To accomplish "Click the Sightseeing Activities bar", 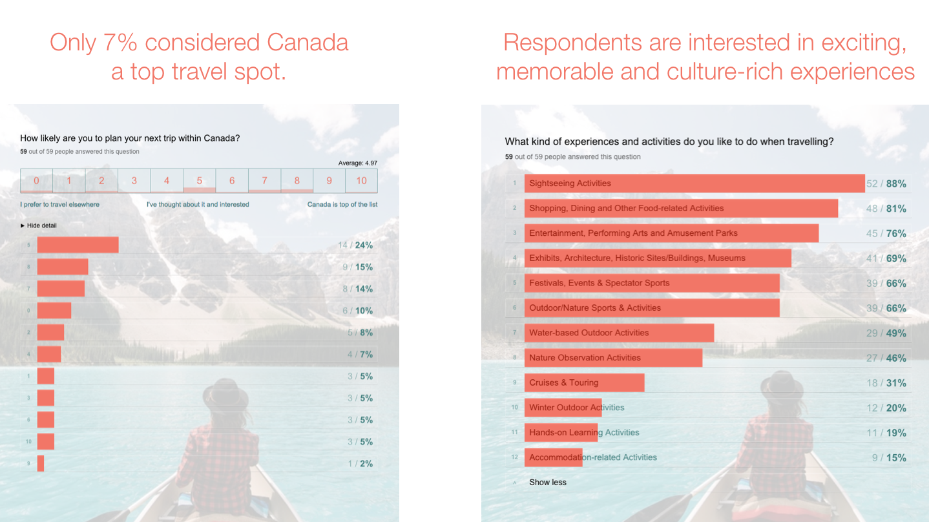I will (694, 183).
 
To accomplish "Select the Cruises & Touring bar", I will (584, 382).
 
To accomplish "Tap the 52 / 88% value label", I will (886, 184).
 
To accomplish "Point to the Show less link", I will (548, 482).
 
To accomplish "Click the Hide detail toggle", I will (39, 225).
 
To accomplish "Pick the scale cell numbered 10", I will (361, 181).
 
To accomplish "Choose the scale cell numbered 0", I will (36, 181).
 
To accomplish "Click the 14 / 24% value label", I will (355, 245).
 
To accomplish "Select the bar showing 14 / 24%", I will (78, 245).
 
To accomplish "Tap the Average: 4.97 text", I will (357, 163).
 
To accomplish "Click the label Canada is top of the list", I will (342, 204).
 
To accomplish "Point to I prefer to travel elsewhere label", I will (60, 204).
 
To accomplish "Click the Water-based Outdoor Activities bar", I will (619, 333).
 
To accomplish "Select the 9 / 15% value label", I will (357, 267).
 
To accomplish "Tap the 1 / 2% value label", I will (360, 464).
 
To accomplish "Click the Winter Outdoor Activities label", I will (576, 408).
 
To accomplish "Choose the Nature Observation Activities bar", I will (613, 358).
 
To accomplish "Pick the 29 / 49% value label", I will (886, 333).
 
